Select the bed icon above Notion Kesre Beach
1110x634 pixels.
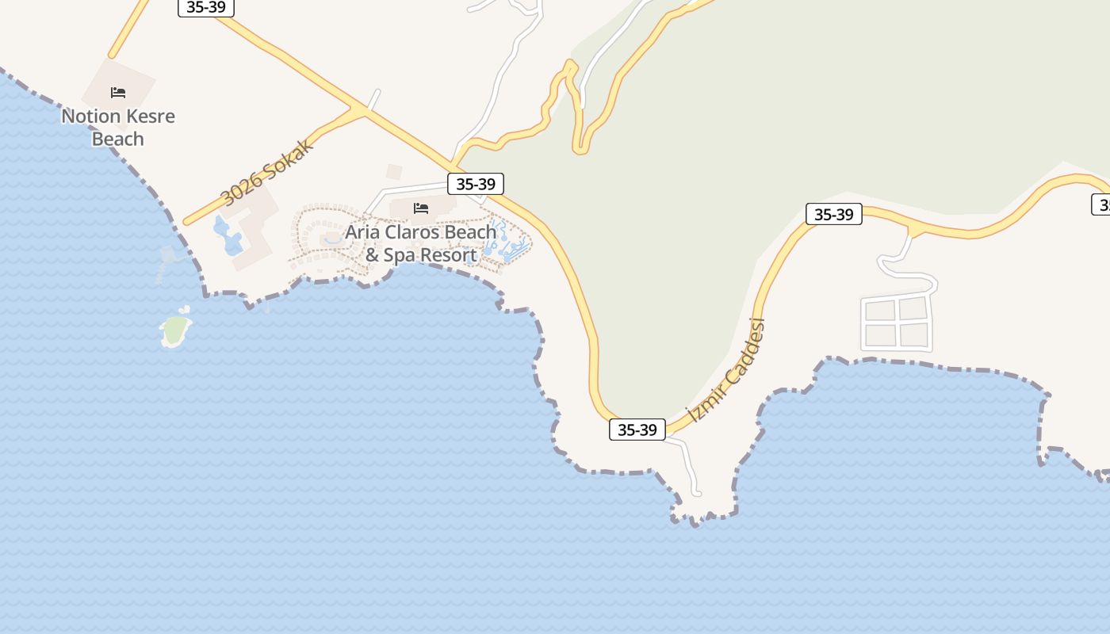118,93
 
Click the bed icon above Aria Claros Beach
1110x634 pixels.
421,208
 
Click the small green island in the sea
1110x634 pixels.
175,330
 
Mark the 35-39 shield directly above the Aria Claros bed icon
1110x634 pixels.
476,184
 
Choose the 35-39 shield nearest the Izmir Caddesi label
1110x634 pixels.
637,430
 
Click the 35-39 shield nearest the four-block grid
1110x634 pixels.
833,214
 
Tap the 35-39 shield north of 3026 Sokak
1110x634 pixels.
206,7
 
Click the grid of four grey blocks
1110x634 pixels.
896,323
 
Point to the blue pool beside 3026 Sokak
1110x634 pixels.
228,236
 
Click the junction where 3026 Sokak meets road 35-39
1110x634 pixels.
365,112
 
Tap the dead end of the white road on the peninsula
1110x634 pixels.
697,493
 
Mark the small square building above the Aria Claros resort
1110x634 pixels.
394,171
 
